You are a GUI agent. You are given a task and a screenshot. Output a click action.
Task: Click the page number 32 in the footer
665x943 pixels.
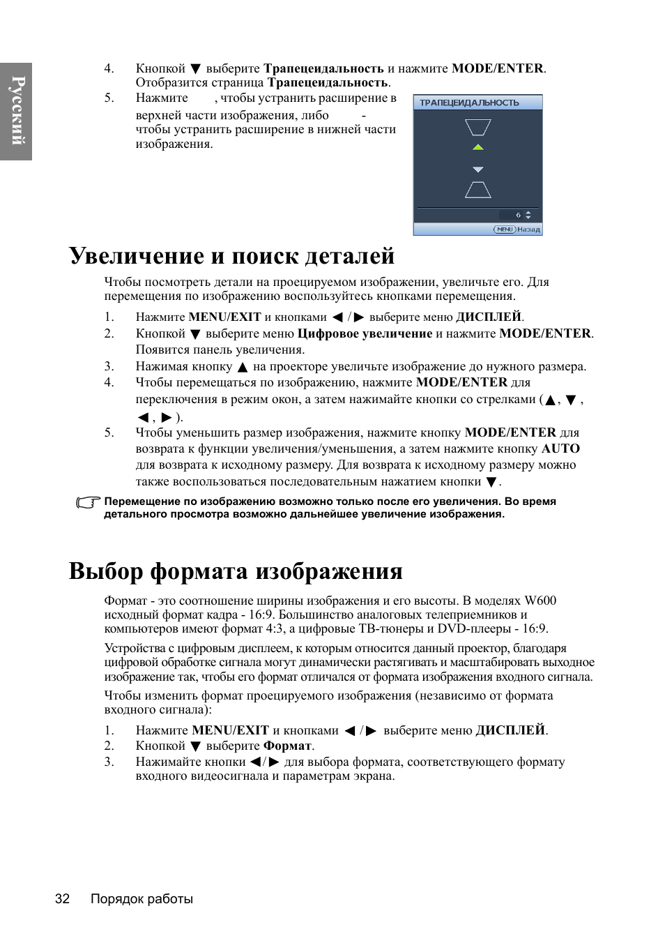point(62,898)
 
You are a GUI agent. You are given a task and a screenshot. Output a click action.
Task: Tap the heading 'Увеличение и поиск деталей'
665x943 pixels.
point(231,256)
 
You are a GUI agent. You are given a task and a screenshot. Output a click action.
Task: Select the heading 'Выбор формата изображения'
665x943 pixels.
point(236,571)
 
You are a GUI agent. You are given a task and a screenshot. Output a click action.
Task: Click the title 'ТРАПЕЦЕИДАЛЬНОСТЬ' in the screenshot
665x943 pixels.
point(469,103)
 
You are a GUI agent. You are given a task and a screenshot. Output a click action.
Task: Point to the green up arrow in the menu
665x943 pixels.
point(477,147)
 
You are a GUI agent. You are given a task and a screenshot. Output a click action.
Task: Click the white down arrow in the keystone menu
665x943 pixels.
point(477,169)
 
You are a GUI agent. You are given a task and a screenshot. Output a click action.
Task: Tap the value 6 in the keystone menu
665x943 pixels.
point(518,215)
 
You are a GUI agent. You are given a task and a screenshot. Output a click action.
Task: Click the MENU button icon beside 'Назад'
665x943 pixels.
point(504,229)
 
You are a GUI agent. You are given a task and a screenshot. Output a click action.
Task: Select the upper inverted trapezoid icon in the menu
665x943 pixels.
point(477,127)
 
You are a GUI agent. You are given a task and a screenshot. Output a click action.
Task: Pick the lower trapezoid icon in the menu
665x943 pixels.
point(477,190)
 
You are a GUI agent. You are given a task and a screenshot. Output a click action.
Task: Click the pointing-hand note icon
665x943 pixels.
point(88,502)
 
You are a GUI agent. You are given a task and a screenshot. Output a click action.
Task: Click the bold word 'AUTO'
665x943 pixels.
point(560,448)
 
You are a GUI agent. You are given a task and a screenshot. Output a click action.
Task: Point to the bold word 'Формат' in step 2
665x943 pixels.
point(287,746)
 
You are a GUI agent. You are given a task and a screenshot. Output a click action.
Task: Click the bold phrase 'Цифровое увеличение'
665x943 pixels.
point(365,333)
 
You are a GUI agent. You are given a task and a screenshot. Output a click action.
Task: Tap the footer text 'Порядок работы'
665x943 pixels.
point(142,898)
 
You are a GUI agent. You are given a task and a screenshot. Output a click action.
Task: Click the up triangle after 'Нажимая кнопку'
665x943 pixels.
point(243,368)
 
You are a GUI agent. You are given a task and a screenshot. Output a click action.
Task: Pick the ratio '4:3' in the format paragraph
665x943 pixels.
point(275,628)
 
